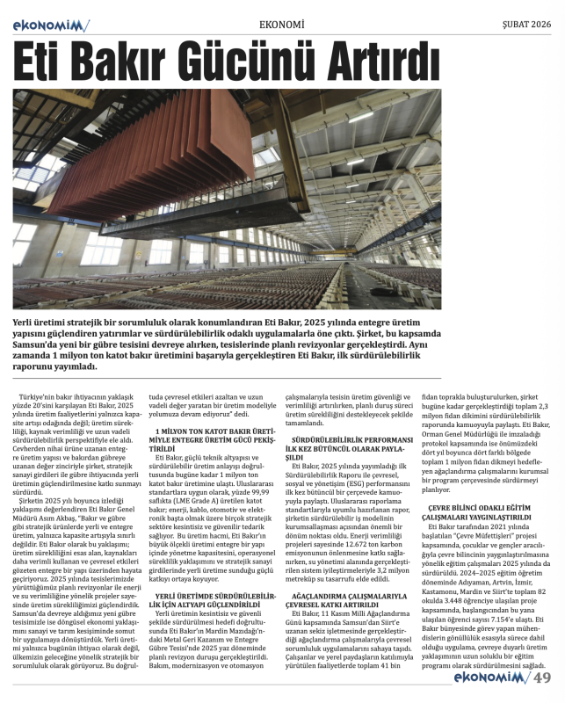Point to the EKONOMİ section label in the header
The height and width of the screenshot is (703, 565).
coord(282,24)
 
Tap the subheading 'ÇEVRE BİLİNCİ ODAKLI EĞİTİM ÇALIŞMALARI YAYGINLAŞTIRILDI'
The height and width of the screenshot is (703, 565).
coord(485,512)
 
